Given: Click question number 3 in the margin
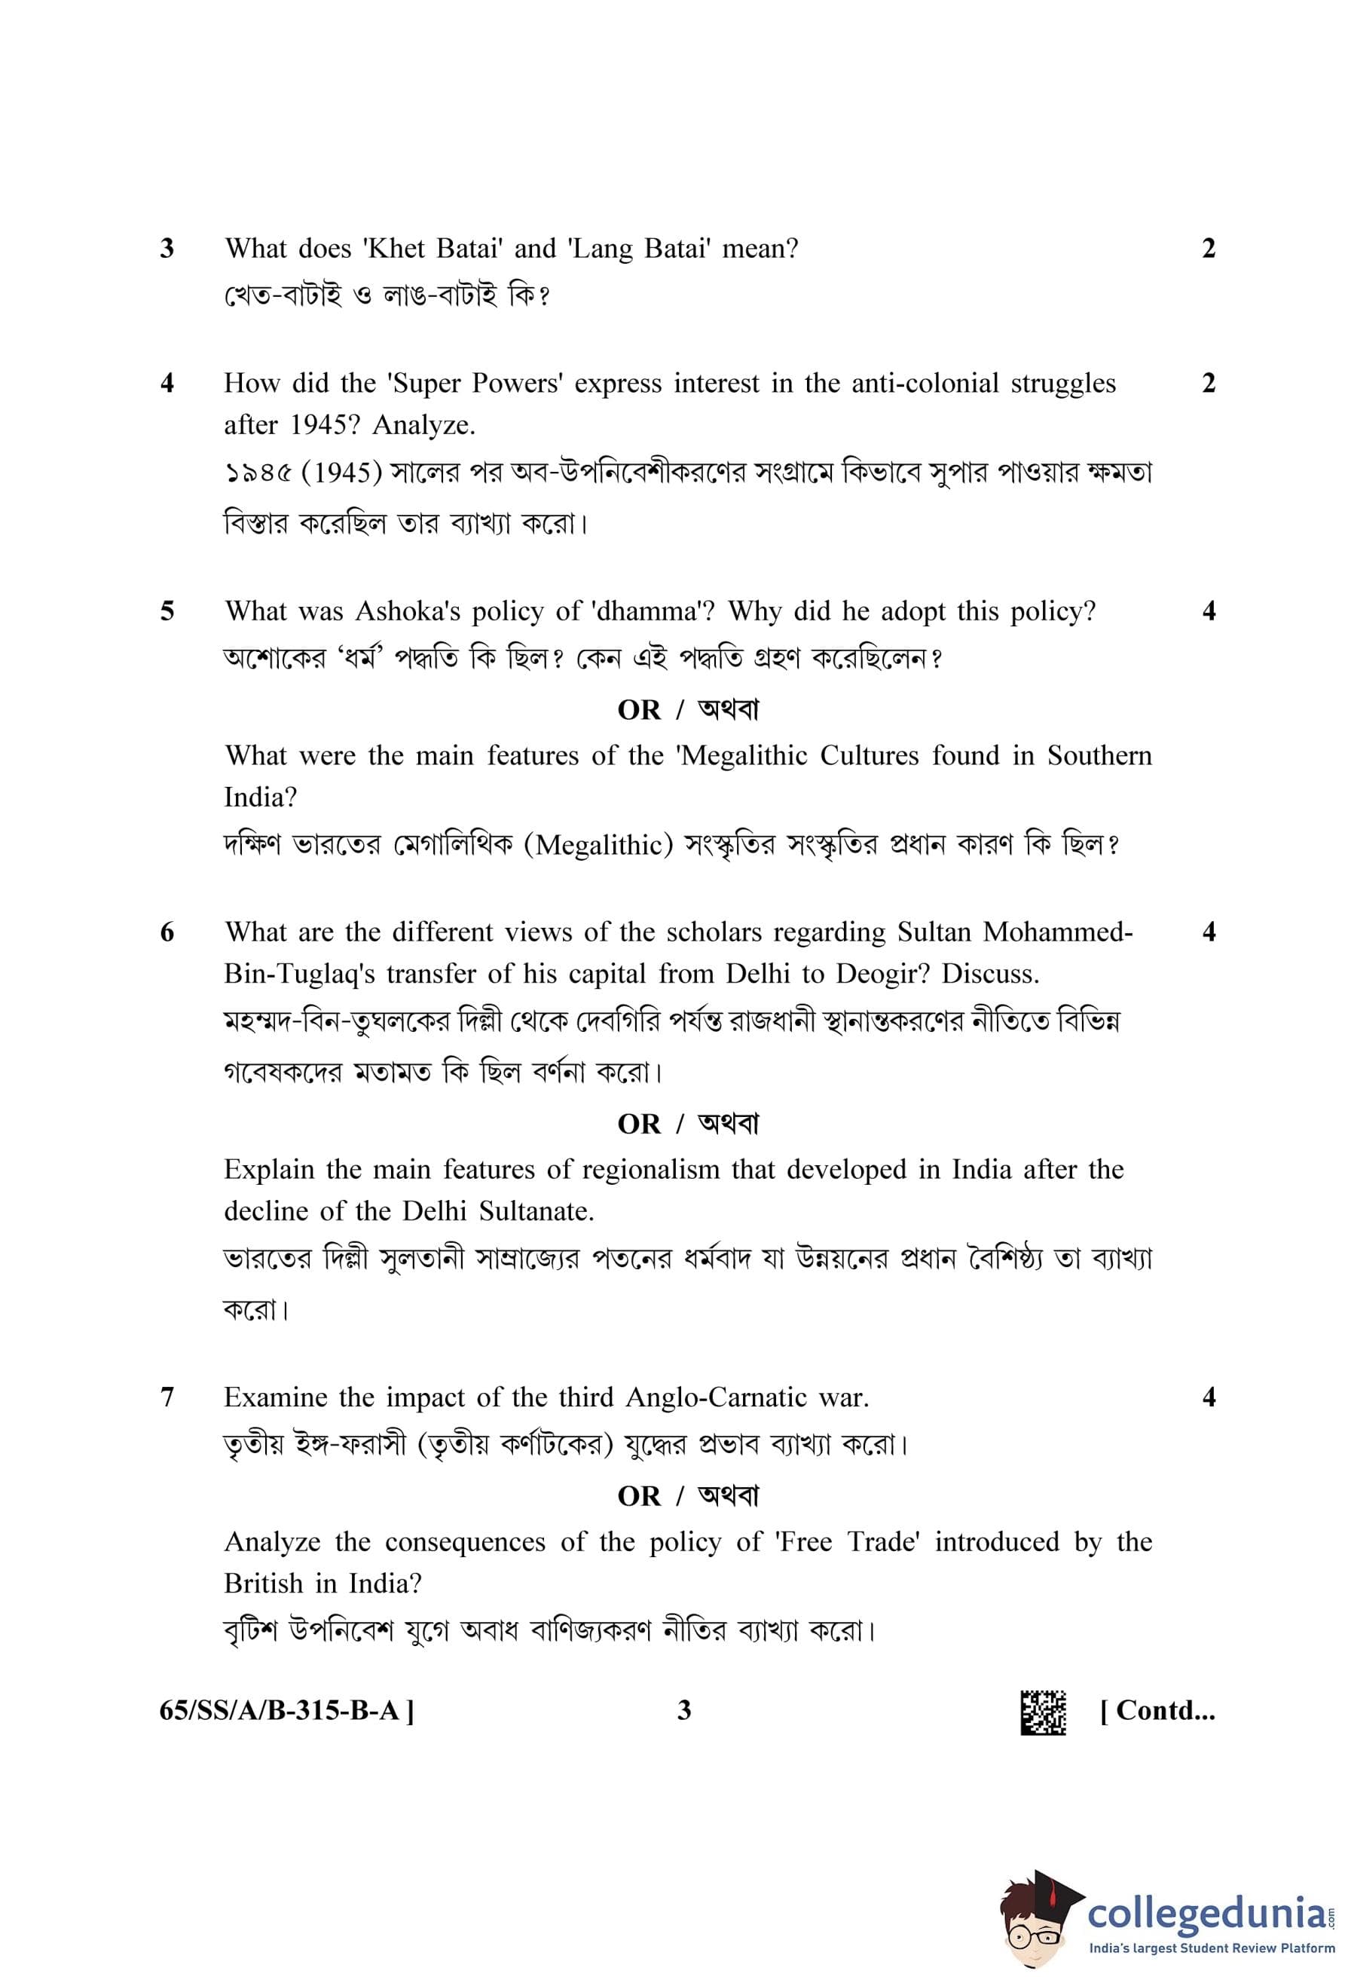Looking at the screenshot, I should tap(167, 249).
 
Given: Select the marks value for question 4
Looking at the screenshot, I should tap(1208, 383).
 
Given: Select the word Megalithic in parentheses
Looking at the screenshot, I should tap(604, 845).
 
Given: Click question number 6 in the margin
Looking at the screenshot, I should tap(167, 932).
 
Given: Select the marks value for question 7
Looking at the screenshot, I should tap(1208, 1397).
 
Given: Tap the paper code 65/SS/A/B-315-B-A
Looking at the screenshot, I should tap(283, 1710).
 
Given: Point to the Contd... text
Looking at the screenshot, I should tap(1157, 1710).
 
